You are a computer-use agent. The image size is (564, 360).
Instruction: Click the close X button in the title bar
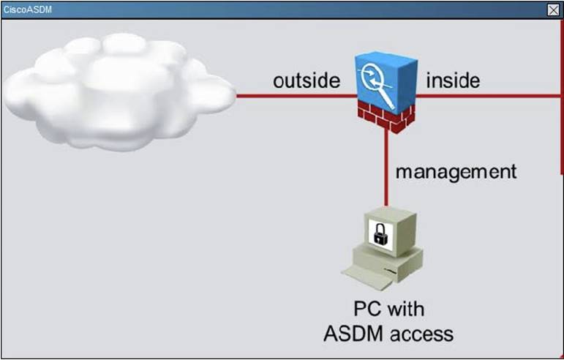coord(553,10)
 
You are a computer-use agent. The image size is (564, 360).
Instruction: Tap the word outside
coord(307,80)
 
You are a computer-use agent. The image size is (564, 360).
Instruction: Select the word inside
coord(453,80)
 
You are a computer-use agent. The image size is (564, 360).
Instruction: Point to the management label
coord(456,172)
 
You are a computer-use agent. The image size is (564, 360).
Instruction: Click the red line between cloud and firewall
coord(293,95)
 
